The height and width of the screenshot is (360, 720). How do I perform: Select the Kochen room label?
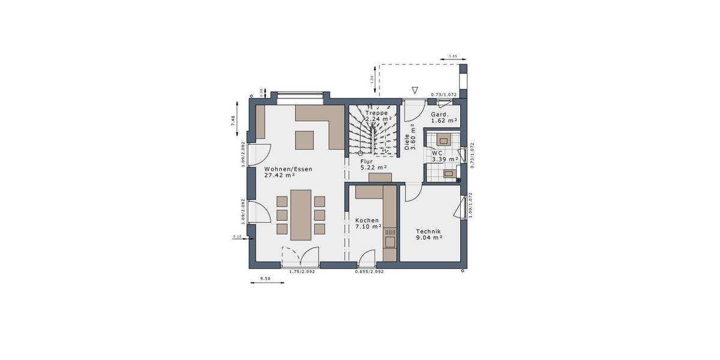[367, 220]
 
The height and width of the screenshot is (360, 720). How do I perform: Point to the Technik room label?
[429, 232]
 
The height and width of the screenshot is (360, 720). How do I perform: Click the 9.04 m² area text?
[430, 238]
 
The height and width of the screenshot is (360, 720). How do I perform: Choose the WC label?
[437, 153]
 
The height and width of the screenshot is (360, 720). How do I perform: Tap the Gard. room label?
[440, 114]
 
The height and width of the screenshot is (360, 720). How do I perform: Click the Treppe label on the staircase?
[376, 113]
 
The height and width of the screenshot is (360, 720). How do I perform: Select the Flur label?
[367, 162]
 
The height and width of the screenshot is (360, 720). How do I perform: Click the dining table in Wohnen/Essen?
[301, 215]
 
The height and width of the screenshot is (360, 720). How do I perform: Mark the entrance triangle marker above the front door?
[414, 91]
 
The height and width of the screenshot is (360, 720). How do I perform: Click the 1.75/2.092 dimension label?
[302, 272]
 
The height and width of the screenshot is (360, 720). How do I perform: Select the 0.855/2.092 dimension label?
[369, 272]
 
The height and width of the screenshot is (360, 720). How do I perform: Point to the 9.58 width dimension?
[266, 278]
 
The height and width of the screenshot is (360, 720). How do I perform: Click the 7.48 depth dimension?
[233, 121]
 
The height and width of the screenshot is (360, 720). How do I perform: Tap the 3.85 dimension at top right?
[453, 56]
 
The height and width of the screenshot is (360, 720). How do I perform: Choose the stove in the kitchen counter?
[390, 241]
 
